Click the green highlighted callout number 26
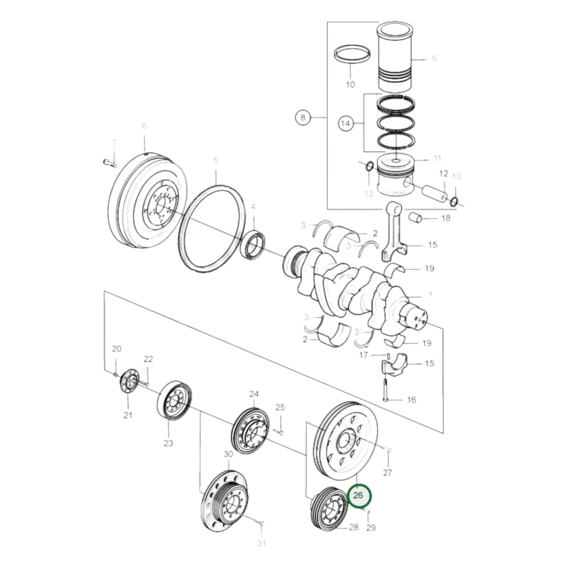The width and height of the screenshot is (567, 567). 358,495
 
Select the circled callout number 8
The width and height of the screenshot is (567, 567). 303,117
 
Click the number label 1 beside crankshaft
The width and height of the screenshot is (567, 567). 430,294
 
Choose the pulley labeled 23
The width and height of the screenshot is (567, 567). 174,401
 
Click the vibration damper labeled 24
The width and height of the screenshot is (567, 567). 250,432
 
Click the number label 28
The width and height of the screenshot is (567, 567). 354,527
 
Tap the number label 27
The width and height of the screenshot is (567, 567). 387,472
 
